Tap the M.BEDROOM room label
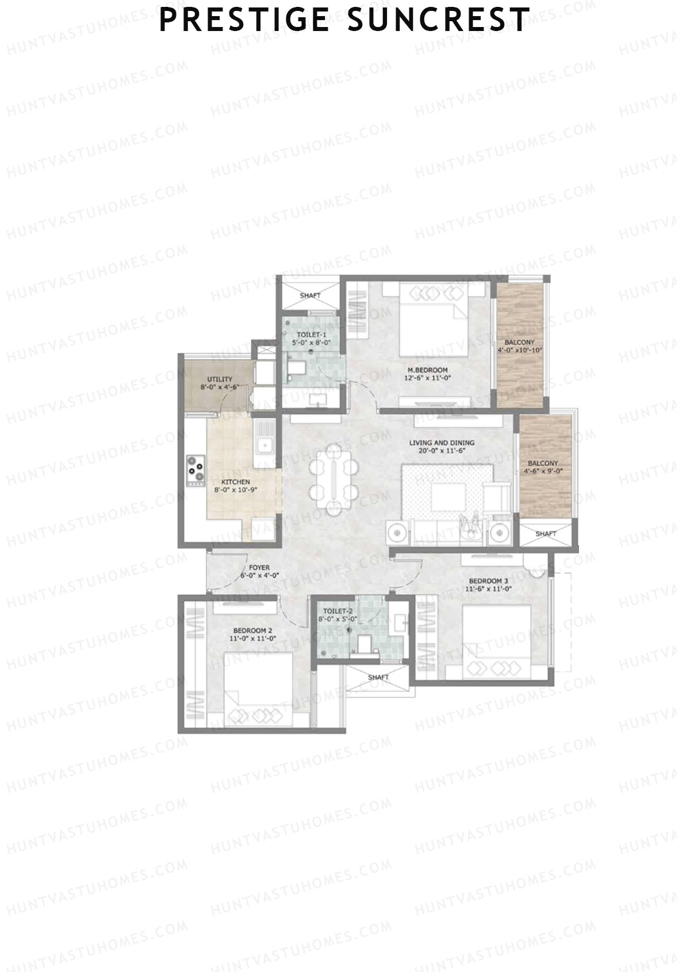pos(427,370)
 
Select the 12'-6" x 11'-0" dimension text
pos(427,378)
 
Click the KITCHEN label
pos(236,481)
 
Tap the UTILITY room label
pos(220,379)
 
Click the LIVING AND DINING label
pos(442,443)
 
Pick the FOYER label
pos(259,568)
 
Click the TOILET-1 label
pos(312,334)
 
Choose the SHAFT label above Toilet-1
pos(310,295)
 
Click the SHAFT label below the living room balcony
pos(546,534)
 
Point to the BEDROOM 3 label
pos(488,580)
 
